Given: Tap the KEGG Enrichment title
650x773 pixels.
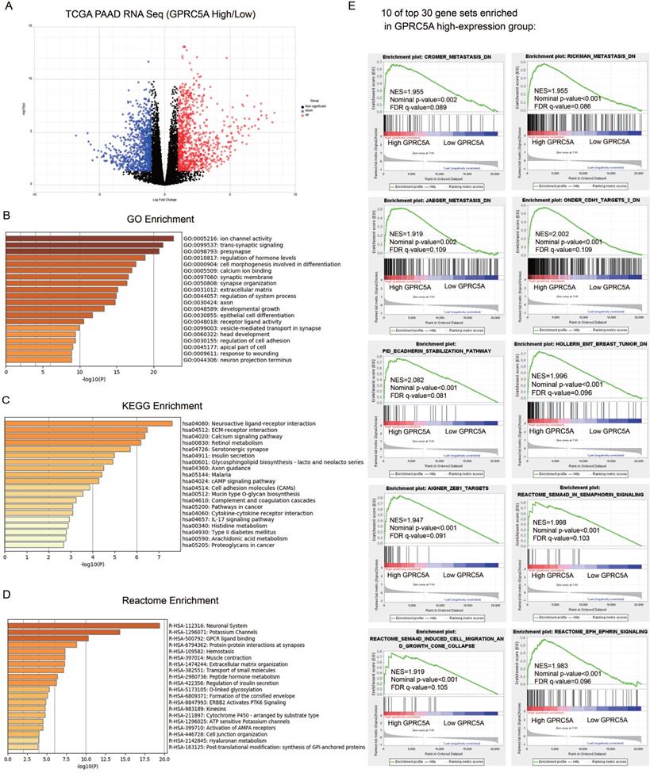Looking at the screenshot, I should click(x=103, y=405).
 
